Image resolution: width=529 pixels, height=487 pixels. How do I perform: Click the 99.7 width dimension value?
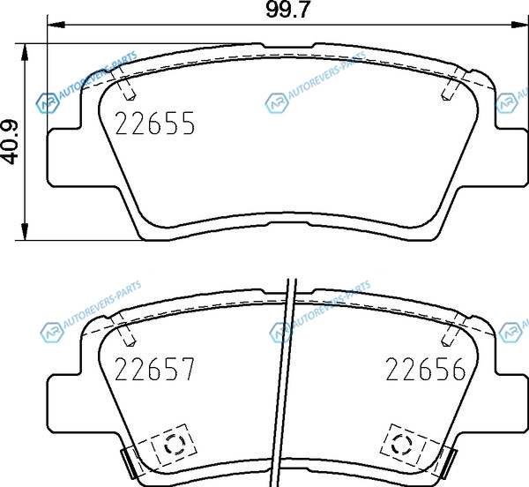pos(287,10)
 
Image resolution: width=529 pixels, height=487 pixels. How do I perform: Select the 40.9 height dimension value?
pos(10,142)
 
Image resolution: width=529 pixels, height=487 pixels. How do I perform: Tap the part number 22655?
pos(155,124)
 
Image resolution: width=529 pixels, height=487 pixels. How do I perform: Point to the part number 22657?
pos(155,369)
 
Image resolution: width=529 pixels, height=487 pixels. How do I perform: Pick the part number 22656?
pos(426,369)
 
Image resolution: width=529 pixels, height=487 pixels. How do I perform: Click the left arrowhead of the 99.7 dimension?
pos(56,25)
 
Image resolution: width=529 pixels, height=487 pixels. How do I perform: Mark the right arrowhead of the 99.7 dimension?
pos(519,25)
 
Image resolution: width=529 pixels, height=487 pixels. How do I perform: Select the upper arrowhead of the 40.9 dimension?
pos(25,52)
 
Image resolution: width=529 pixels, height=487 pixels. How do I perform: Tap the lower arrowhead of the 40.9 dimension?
pos(25,232)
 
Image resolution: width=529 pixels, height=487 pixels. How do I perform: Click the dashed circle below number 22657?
pos(175,444)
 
